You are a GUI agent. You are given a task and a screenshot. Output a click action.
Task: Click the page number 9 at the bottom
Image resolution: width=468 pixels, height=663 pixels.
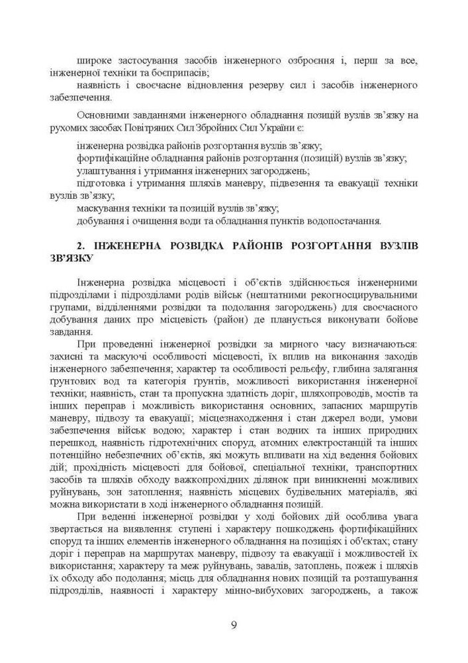234,625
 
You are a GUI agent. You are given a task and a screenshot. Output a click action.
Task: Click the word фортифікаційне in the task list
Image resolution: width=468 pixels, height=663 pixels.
111,158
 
